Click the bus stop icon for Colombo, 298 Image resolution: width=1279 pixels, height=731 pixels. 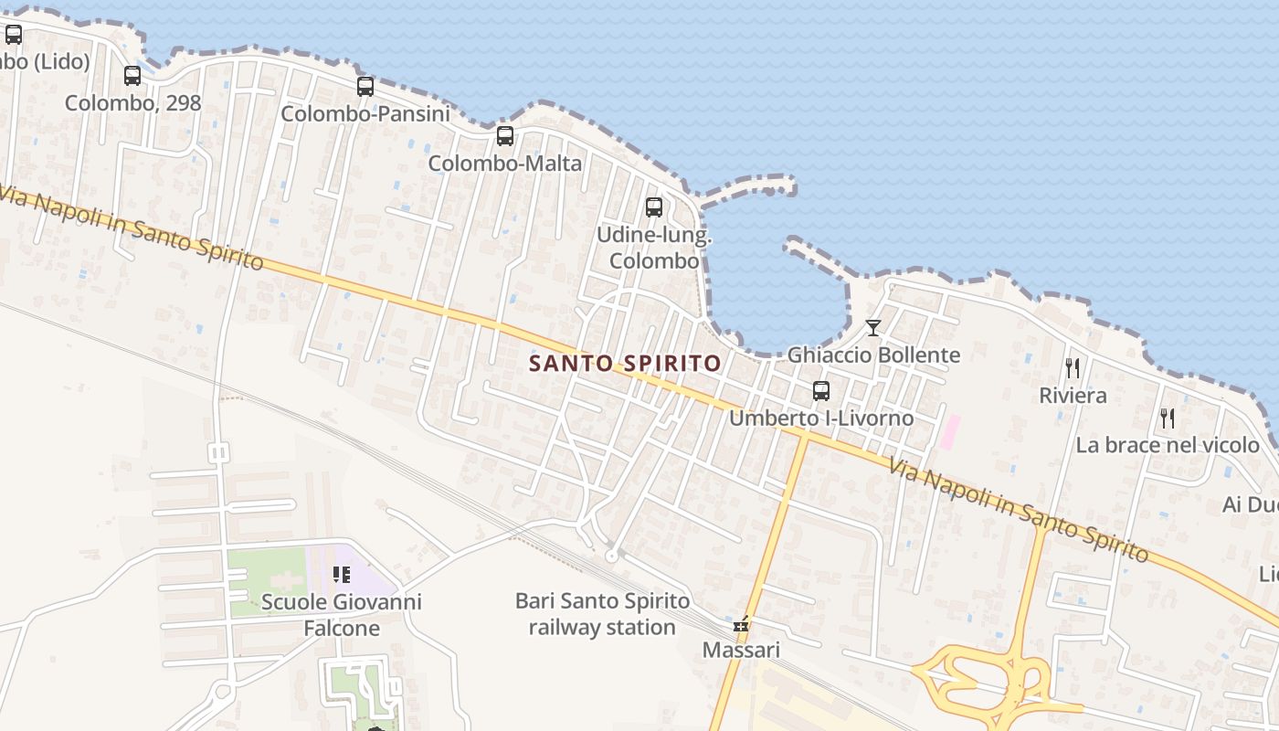pyautogui.click(x=132, y=76)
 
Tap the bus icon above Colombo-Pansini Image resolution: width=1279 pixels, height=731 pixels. pyautogui.click(x=365, y=87)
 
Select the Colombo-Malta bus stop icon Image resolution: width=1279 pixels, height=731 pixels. pyautogui.click(x=504, y=136)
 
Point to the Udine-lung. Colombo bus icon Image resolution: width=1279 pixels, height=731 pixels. pyautogui.click(x=654, y=207)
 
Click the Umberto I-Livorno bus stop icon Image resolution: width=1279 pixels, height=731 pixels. pyautogui.click(x=821, y=391)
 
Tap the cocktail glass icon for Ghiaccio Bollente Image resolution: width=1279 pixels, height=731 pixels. pyautogui.click(x=873, y=327)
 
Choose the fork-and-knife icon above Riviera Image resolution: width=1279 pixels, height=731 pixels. pyautogui.click(x=1073, y=368)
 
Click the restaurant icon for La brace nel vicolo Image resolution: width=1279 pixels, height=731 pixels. pyautogui.click(x=1168, y=418)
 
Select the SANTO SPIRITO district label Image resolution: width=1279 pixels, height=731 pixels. pyautogui.click(x=626, y=364)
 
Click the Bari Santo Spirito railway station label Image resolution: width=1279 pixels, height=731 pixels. pyautogui.click(x=603, y=615)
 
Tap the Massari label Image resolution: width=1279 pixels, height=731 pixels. pyautogui.click(x=741, y=651)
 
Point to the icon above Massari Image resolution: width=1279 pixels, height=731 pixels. pyautogui.click(x=741, y=625)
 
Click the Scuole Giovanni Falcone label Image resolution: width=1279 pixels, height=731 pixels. pyautogui.click(x=342, y=615)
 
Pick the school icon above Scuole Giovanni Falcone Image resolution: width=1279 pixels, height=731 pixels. pyautogui.click(x=342, y=575)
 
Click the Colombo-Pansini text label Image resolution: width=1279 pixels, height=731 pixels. pyautogui.click(x=365, y=114)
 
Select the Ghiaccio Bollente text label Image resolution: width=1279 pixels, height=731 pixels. pyautogui.click(x=873, y=355)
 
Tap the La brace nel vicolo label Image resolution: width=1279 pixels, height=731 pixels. pyautogui.click(x=1168, y=446)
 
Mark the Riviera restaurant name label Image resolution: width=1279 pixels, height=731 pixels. pyautogui.click(x=1073, y=396)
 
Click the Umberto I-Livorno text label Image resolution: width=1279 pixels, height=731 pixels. pyautogui.click(x=821, y=418)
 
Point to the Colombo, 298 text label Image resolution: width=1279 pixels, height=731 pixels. pyautogui.click(x=132, y=103)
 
